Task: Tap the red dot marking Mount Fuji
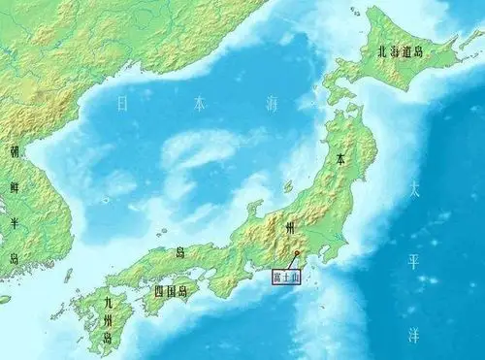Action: [x=297, y=254]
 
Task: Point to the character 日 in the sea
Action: [x=122, y=101]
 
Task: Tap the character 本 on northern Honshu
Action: [x=340, y=155]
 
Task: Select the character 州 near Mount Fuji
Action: [x=291, y=226]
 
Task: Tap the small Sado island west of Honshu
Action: [x=288, y=185]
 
